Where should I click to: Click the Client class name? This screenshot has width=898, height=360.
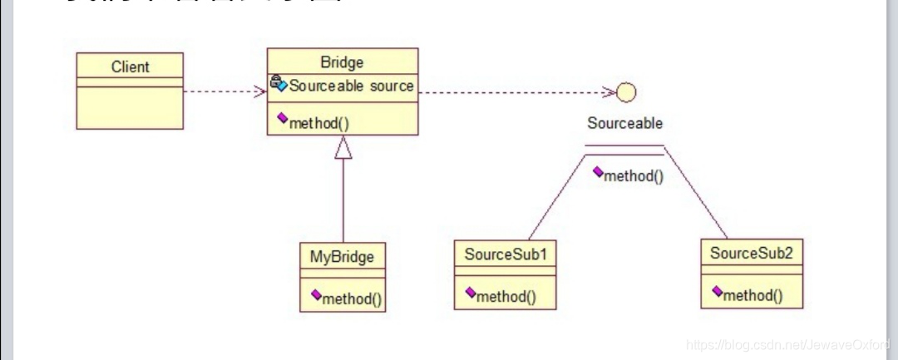[130, 67]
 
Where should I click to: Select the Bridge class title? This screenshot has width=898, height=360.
[342, 62]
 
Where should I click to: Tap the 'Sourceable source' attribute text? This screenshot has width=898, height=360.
[351, 86]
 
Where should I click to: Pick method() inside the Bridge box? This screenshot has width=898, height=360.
[318, 123]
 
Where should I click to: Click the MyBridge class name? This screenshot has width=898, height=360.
[342, 256]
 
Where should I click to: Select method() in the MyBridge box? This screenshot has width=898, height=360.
[352, 298]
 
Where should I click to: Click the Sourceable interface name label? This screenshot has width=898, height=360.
[625, 124]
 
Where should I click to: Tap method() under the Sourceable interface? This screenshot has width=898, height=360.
[633, 175]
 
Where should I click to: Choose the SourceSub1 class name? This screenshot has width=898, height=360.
[505, 254]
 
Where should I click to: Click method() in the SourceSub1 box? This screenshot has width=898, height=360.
[506, 295]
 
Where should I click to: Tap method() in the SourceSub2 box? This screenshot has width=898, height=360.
[752, 294]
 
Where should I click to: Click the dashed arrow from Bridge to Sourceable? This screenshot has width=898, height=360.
[516, 92]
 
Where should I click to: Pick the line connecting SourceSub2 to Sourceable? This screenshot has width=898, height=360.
[697, 195]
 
